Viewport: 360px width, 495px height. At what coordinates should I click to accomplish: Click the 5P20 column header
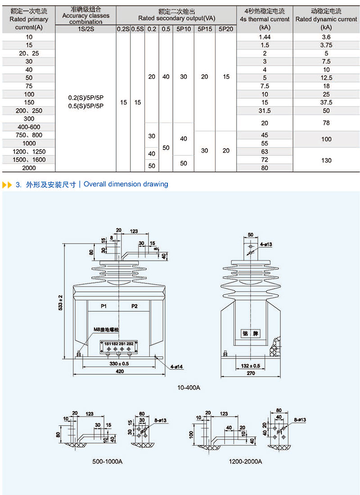click(x=226, y=29)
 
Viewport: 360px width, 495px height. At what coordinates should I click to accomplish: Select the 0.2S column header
click(x=123, y=29)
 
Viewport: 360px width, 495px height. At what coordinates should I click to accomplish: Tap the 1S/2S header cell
click(x=85, y=29)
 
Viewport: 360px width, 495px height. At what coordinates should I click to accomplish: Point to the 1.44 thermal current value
click(x=265, y=36)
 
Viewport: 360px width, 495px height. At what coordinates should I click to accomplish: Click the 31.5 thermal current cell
click(x=265, y=110)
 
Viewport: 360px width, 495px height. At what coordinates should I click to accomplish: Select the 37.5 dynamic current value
click(x=326, y=102)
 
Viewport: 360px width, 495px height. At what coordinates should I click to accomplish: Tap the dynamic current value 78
click(x=326, y=123)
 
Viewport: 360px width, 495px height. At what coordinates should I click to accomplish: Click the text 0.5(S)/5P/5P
click(x=85, y=106)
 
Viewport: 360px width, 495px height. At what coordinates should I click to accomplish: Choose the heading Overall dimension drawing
click(x=126, y=184)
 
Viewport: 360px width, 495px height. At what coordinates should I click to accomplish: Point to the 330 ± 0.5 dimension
click(x=119, y=363)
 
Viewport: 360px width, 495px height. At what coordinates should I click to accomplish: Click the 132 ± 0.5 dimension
click(x=251, y=365)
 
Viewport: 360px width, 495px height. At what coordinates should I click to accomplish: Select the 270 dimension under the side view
click(x=251, y=373)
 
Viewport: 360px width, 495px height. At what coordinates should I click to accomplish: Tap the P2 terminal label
click(x=135, y=306)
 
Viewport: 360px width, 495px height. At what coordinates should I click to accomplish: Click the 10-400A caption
click(x=189, y=387)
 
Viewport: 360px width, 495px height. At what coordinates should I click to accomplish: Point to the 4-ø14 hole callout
click(x=176, y=367)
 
